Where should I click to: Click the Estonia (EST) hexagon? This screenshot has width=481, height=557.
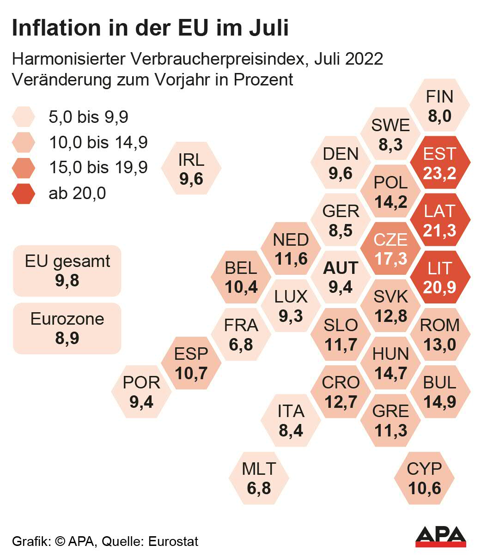tap(440, 163)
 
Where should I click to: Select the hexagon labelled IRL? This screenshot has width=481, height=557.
tap(191, 169)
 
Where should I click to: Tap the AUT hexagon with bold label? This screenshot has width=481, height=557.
tap(341, 277)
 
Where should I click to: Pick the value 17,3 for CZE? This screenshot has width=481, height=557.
tap(390, 259)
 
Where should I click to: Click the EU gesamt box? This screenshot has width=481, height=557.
tap(67, 271)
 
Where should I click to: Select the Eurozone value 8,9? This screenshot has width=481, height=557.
tap(67, 338)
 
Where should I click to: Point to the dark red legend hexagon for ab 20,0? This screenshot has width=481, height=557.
tap(23, 193)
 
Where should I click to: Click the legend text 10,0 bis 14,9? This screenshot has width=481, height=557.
tap(98, 142)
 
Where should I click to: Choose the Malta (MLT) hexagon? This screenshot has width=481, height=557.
tap(259, 478)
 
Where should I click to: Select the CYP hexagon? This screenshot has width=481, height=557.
tap(424, 478)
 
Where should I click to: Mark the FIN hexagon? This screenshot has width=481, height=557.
tap(440, 105)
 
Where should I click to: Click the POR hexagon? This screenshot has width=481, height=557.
tap(141, 392)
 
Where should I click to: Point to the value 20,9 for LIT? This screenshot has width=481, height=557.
tap(439, 287)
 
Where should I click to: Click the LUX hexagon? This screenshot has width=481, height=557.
tap(291, 306)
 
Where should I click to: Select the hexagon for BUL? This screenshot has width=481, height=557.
tap(440, 392)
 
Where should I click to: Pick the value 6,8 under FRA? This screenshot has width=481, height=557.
tap(241, 345)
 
